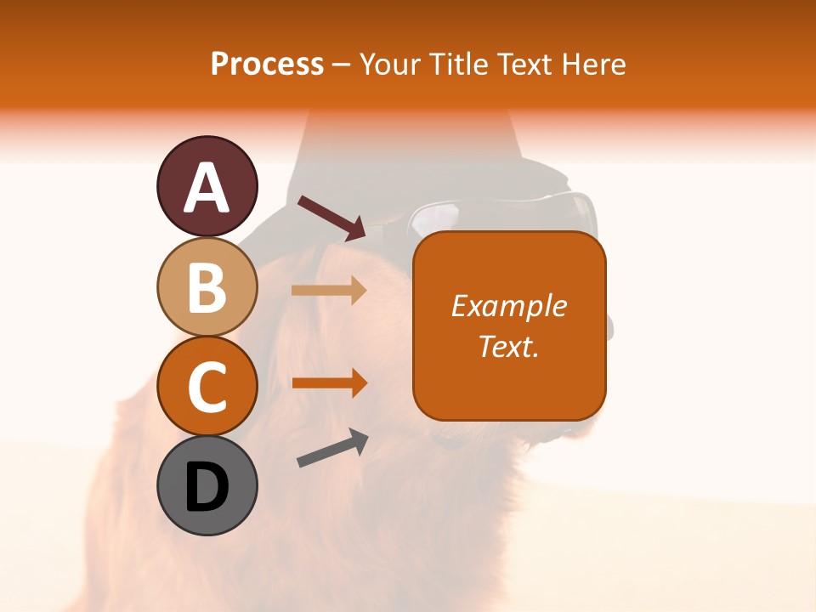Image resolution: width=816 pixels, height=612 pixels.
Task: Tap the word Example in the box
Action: [x=509, y=306]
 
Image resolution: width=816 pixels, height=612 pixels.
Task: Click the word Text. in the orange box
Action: [x=509, y=346]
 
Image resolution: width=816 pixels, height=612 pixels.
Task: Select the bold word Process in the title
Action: [x=267, y=64]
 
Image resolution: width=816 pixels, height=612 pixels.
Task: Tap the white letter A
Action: [x=207, y=189]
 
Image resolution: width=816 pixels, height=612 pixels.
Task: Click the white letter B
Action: [x=207, y=287]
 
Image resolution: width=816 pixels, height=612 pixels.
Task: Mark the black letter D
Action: [x=207, y=488]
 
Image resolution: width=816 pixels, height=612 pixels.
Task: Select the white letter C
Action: [x=207, y=387]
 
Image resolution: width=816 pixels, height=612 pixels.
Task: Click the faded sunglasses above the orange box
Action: [x=501, y=212]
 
